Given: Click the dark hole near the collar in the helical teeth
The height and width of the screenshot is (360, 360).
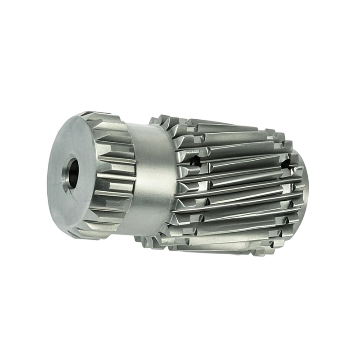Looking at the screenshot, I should point(194,160).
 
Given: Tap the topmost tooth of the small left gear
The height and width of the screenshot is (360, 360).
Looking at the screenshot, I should point(97,115).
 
